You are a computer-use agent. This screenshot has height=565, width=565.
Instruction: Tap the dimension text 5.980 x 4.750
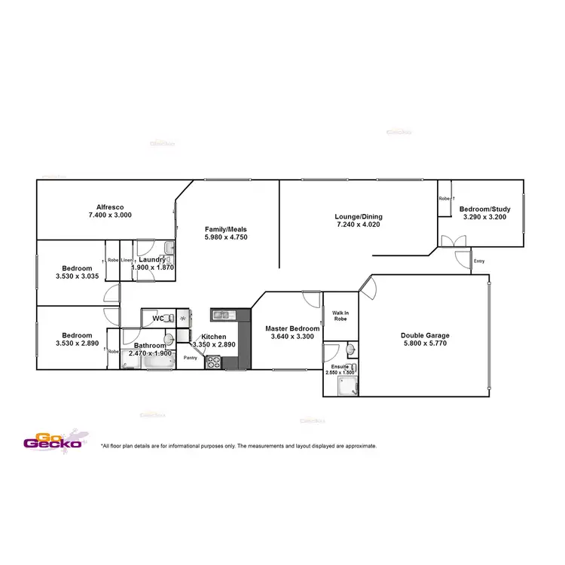click(x=226, y=237)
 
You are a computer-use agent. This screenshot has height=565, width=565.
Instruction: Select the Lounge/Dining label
click(x=357, y=217)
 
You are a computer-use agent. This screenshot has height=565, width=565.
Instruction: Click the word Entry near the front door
click(x=479, y=261)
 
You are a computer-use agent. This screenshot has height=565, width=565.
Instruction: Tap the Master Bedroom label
click(x=292, y=328)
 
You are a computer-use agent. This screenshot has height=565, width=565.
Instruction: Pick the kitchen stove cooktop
click(x=213, y=362)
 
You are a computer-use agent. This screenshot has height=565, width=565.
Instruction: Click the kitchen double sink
click(x=221, y=314)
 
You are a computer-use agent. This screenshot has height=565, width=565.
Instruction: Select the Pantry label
click(x=190, y=358)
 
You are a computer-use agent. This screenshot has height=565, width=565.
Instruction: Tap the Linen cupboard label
click(x=127, y=260)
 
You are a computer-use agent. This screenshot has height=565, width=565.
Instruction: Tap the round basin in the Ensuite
click(x=351, y=350)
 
